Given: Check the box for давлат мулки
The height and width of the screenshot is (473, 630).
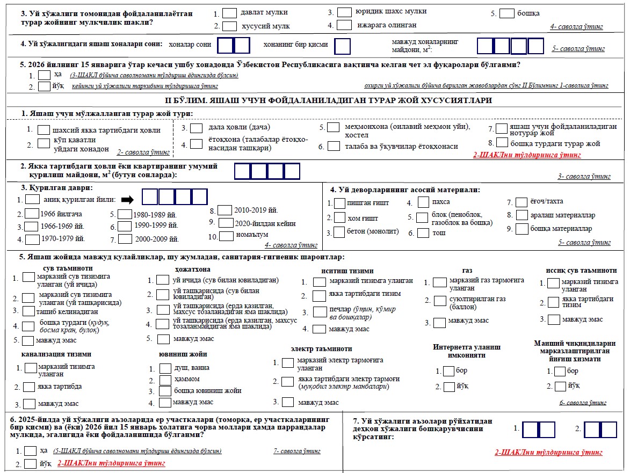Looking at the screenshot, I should pyautogui.click(x=229, y=12).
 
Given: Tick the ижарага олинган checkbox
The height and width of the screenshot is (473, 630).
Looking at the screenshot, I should pyautogui.click(x=345, y=25).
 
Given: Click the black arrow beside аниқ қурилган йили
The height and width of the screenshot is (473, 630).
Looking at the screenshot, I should pyautogui.click(x=127, y=200).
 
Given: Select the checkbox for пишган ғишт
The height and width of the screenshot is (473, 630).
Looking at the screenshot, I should pyautogui.click(x=339, y=203).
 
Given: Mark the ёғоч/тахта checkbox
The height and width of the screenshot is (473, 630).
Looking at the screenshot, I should pyautogui.click(x=521, y=202).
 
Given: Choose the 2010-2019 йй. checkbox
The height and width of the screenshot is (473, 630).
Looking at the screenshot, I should pyautogui.click(x=225, y=210).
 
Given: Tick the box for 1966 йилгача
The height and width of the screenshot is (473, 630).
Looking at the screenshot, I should pyautogui.click(x=33, y=214).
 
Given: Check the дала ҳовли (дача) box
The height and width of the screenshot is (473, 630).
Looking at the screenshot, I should pyautogui.click(x=197, y=128).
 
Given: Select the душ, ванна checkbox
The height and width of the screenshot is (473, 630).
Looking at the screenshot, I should pyautogui.click(x=165, y=369).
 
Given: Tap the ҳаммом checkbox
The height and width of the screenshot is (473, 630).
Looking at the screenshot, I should pyautogui.click(x=165, y=380).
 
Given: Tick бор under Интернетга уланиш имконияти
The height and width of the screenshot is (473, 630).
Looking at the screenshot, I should pyautogui.click(x=448, y=371).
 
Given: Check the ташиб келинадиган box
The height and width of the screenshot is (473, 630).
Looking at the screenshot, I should pyautogui.click(x=28, y=311).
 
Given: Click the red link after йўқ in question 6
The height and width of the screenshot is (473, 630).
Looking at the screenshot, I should pyautogui.click(x=111, y=463).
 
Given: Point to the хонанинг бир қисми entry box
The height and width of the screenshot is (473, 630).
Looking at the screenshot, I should pyautogui.click(x=342, y=46).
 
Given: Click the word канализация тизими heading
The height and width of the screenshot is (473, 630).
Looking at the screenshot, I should pyautogui.click(x=56, y=354).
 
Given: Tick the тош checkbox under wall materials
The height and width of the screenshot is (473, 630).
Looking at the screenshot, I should pyautogui.click(x=423, y=233).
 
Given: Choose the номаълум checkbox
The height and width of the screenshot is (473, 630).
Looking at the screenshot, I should pyautogui.click(x=227, y=235).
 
